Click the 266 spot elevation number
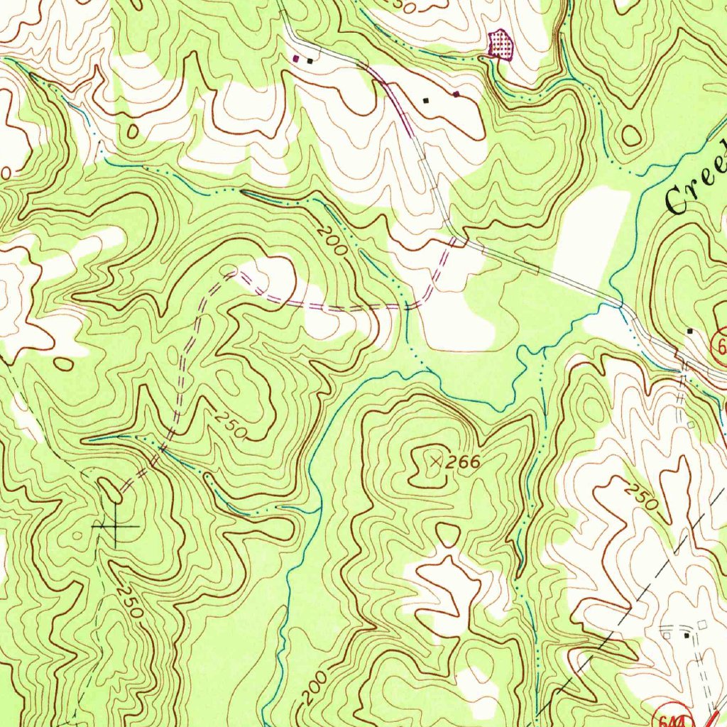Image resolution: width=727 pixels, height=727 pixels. (x=464, y=463)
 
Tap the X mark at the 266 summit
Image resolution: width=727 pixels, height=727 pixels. (x=436, y=462)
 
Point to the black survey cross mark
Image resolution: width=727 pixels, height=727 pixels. (x=115, y=526)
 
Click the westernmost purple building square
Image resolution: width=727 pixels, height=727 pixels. (x=297, y=58)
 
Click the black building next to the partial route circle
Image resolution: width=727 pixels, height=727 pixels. (x=690, y=331)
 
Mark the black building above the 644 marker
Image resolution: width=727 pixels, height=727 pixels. (x=685, y=636)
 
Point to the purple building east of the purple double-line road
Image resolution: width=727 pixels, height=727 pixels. (x=456, y=93)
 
